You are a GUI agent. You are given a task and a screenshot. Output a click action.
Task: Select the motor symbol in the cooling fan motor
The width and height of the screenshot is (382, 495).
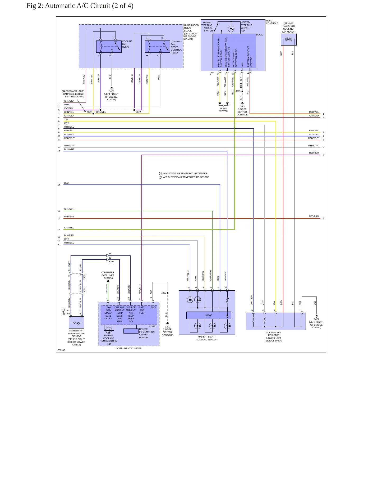(x=288, y=39)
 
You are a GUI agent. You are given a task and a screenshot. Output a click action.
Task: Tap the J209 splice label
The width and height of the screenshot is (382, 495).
(x=238, y=91)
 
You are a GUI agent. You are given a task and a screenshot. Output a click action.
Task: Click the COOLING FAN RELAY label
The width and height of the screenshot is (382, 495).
(x=127, y=44)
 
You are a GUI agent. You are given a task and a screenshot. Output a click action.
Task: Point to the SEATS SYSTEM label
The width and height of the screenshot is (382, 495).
(x=223, y=110)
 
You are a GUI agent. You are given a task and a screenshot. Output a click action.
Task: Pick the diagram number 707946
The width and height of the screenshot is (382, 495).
(x=61, y=350)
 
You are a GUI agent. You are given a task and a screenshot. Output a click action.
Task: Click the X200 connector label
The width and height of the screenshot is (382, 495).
(x=111, y=262)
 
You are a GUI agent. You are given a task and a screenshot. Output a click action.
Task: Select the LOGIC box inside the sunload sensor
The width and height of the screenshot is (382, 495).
(x=209, y=315)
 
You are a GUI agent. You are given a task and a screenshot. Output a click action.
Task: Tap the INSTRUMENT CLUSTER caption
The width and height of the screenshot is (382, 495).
(x=128, y=348)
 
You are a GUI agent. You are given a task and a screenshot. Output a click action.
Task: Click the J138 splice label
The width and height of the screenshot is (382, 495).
(x=89, y=112)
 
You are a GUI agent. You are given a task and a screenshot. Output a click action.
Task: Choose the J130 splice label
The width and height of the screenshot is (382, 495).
(x=138, y=112)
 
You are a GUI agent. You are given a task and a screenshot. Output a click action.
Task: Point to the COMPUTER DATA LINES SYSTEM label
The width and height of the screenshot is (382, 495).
(x=108, y=275)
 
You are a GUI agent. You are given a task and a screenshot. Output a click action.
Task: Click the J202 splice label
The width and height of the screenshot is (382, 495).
(x=164, y=293)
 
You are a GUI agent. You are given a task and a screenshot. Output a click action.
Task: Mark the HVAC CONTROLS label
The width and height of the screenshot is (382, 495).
(x=272, y=22)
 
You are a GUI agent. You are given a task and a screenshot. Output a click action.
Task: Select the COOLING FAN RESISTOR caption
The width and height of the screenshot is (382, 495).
(x=274, y=336)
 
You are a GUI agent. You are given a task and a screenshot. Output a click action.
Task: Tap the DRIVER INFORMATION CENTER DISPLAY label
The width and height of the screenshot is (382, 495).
(x=147, y=333)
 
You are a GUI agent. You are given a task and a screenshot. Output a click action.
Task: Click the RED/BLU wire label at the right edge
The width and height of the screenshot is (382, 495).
(x=314, y=153)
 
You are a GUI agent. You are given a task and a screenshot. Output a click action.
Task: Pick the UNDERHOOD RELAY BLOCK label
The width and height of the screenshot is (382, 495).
(x=191, y=32)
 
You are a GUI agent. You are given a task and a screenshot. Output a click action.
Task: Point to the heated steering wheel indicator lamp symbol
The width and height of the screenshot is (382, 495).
(x=231, y=29)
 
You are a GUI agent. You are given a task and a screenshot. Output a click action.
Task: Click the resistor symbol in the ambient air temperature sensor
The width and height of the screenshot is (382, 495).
(x=77, y=323)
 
